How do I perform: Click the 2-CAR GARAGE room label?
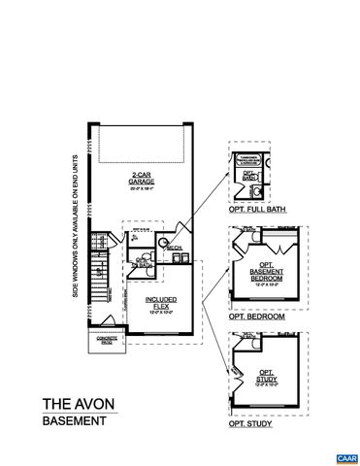coord(142,178)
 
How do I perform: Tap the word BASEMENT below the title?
coord(74,421)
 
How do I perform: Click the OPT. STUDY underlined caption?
coord(249,424)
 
